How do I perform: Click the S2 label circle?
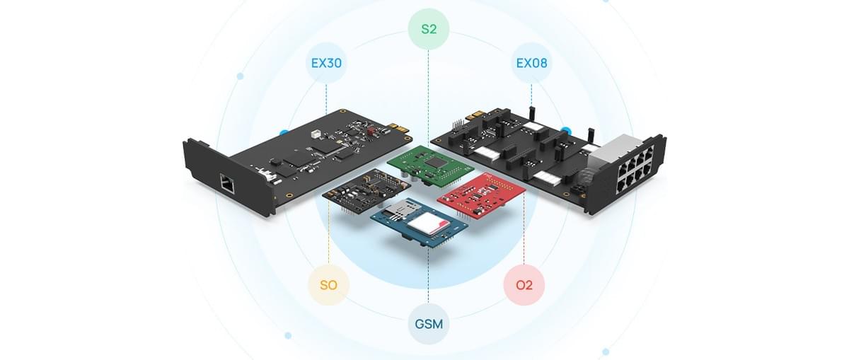pos(429,30)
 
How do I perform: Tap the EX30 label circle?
pos(326,63)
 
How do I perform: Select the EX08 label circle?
pos(531,63)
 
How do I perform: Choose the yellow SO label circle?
pos(328,286)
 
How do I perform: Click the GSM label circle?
pos(429,324)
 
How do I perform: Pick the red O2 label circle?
pos(524,286)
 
